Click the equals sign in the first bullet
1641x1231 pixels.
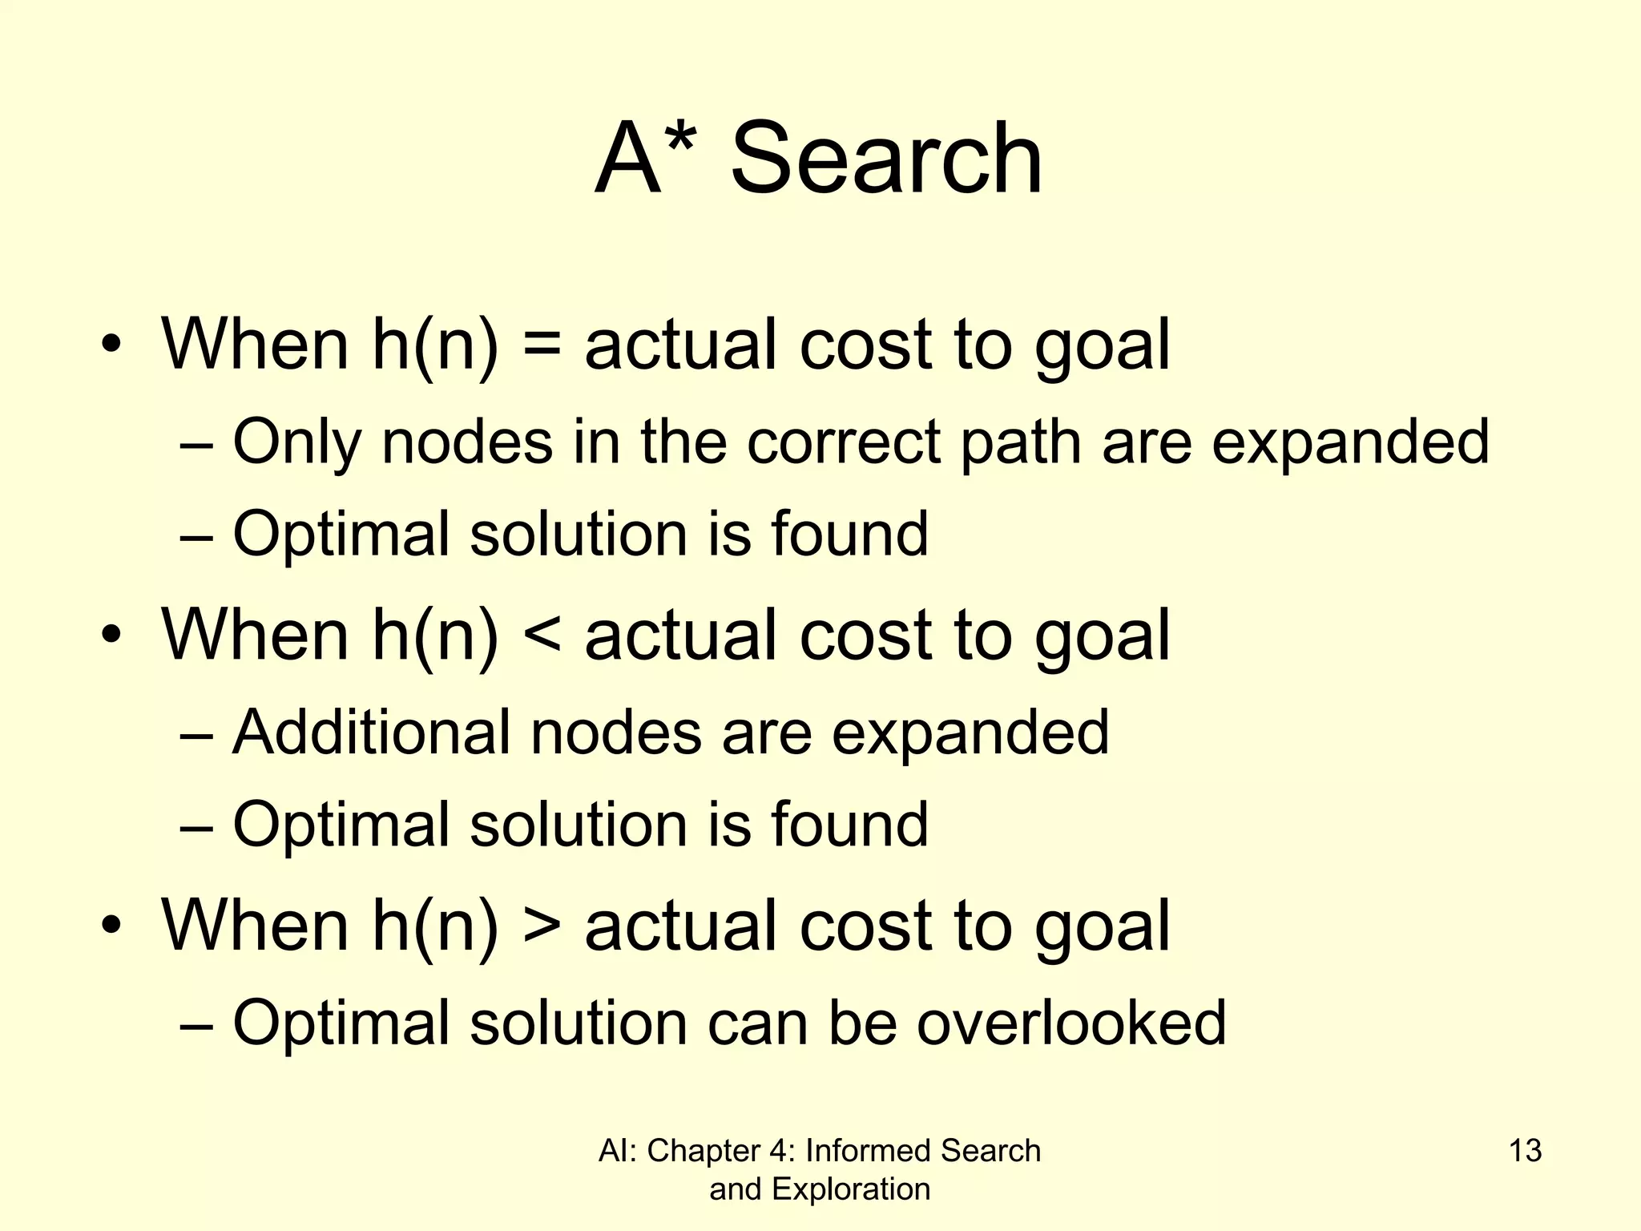click(x=542, y=346)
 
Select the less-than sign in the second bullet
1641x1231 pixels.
click(x=542, y=636)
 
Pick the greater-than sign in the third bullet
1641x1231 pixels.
click(x=542, y=927)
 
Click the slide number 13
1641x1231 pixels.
click(x=1525, y=1151)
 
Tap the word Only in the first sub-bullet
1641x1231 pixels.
click(x=297, y=442)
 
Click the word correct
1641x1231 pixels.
click(x=844, y=442)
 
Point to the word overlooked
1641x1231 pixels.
click(x=1071, y=1023)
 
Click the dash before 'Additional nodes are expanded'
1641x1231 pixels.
click(x=197, y=734)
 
